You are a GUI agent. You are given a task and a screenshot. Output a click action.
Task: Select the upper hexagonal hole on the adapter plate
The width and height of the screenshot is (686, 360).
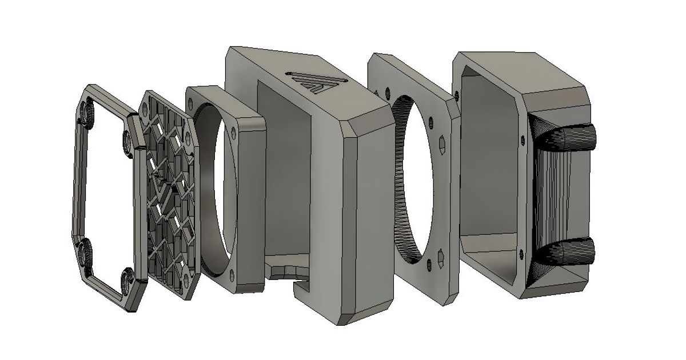[444, 141]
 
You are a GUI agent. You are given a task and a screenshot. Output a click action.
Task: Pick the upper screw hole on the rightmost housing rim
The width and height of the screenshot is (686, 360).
[521, 137]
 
